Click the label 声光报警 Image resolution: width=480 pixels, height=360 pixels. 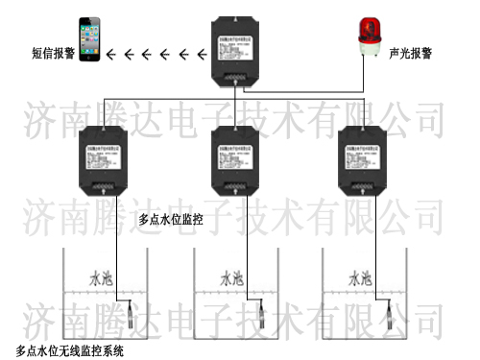(x=409, y=54)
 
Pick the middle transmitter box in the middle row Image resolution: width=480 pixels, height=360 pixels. (x=234, y=159)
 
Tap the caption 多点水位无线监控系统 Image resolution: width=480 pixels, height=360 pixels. (x=70, y=349)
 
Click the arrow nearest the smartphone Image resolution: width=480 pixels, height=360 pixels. (x=111, y=54)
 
